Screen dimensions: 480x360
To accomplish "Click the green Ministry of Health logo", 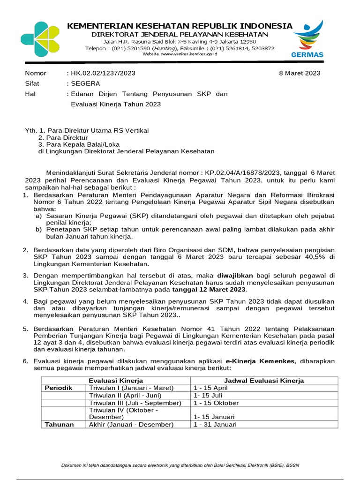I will (40, 39).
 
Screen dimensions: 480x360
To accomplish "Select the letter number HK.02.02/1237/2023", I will (103, 73).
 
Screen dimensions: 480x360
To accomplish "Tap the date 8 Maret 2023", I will (300, 73).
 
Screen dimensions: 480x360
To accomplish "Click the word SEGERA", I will (85, 83).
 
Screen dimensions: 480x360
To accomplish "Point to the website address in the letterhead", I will (180, 54).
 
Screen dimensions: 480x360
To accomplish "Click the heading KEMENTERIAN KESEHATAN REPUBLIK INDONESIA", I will (180, 26).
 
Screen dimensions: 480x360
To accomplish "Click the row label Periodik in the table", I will (59, 388).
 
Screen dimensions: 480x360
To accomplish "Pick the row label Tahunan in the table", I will (59, 424).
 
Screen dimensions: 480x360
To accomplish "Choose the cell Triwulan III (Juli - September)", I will (135, 403).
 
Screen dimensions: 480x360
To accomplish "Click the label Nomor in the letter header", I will (35, 73).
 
